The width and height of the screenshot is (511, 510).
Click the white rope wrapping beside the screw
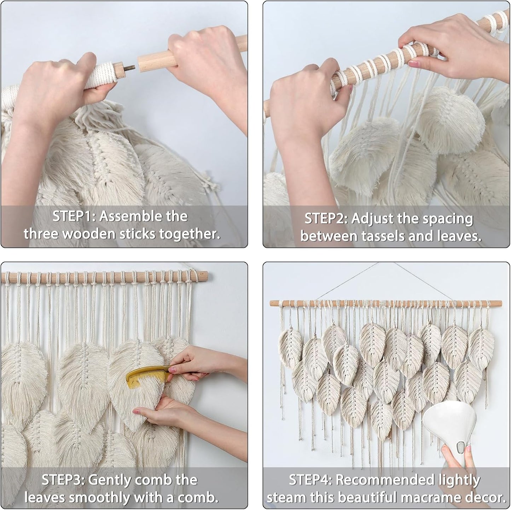tap(100, 73)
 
